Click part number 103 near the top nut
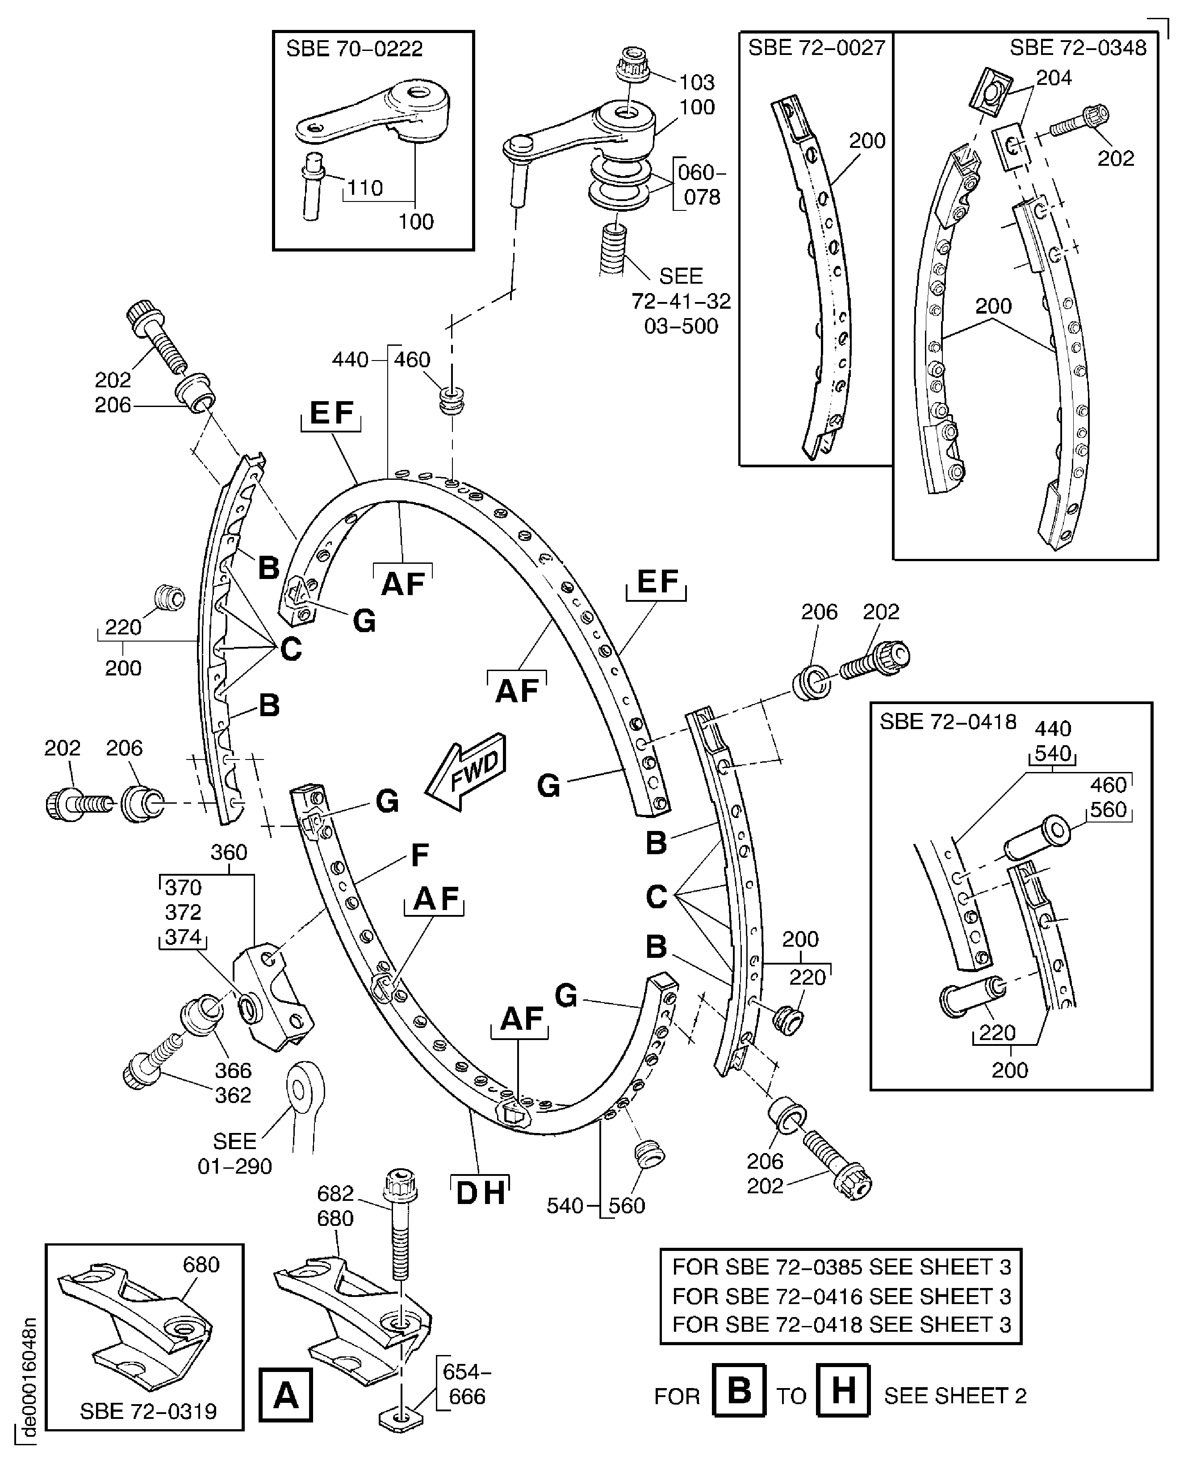(x=696, y=83)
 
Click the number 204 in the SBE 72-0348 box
(x=1054, y=79)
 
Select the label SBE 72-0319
(x=148, y=1411)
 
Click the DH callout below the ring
(x=480, y=1193)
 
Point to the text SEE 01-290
(x=234, y=1154)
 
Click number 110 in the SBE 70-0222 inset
(x=365, y=188)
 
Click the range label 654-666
(x=467, y=1384)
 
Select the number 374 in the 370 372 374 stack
(x=183, y=937)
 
